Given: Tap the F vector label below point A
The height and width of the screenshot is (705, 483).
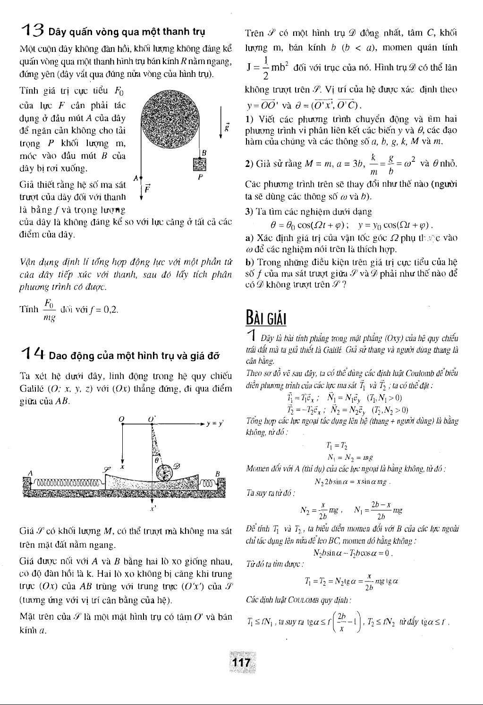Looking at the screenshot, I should (147, 187).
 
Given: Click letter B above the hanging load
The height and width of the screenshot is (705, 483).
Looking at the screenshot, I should (204, 152).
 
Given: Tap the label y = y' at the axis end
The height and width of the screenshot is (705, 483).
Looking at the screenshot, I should (215, 422).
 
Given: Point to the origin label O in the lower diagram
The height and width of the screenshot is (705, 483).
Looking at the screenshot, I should (121, 418).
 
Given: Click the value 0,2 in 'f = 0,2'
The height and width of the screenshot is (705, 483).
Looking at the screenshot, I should (109, 310).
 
